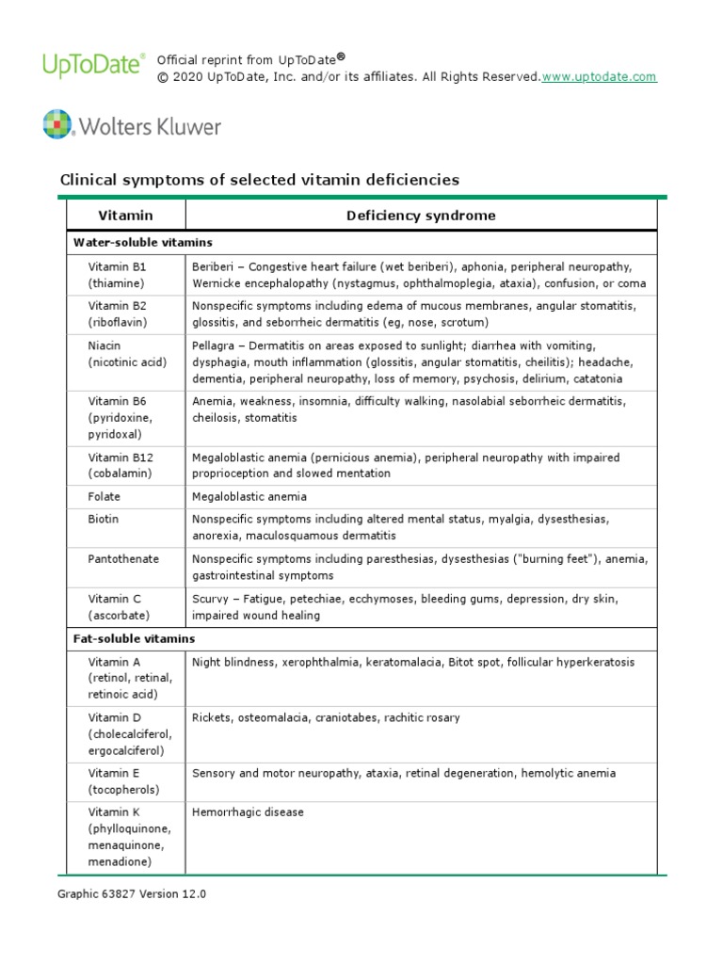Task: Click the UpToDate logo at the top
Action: (x=93, y=65)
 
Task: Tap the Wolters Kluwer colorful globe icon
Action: (x=57, y=125)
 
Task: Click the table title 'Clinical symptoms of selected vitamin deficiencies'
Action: (x=259, y=179)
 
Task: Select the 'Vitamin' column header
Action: (x=125, y=216)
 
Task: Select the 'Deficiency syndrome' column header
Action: (x=420, y=216)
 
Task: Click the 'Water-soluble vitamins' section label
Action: (x=142, y=243)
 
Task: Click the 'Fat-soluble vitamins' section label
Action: (x=134, y=638)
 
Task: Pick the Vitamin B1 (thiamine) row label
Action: (x=118, y=275)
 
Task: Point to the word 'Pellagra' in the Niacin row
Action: (x=215, y=346)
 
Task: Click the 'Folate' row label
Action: (x=104, y=496)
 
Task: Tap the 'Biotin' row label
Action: (x=104, y=519)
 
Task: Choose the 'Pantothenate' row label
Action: (x=123, y=558)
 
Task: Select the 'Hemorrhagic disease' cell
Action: (x=248, y=811)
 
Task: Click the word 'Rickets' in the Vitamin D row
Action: (x=212, y=717)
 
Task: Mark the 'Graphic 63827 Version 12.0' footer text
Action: (x=132, y=894)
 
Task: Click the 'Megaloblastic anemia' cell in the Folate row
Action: (x=249, y=496)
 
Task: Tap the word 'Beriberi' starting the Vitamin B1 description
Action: (x=214, y=266)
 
